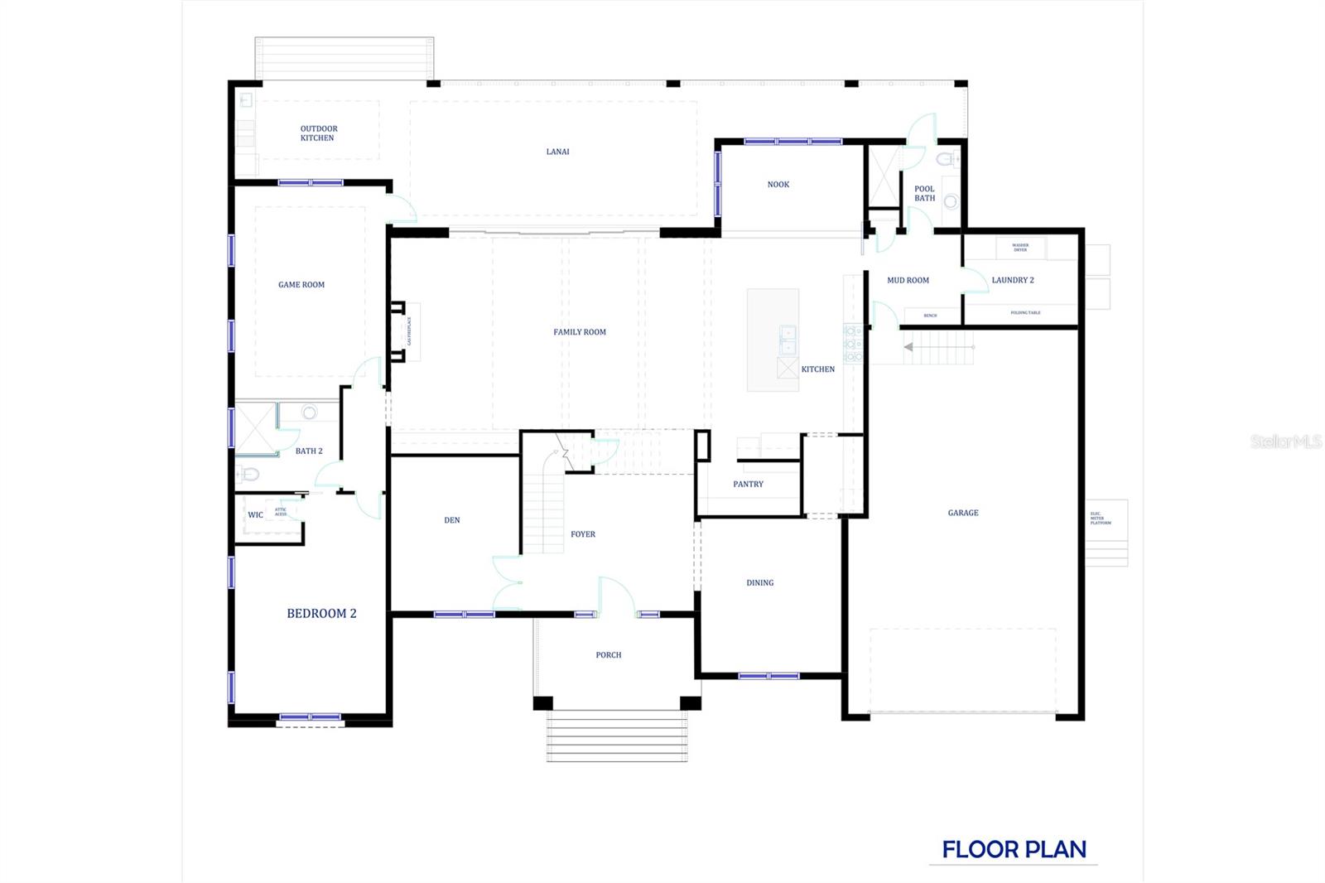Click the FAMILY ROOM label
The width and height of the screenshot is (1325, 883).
tap(580, 332)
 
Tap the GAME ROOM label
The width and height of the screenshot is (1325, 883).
tap(301, 285)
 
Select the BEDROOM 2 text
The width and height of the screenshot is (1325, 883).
tap(321, 614)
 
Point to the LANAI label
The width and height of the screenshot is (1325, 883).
tap(557, 152)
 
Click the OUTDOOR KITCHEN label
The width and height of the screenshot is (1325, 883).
tap(318, 133)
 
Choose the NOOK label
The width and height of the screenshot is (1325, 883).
tap(778, 185)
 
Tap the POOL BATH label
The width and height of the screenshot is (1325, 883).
tap(924, 194)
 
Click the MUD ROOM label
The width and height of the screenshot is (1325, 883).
tap(908, 281)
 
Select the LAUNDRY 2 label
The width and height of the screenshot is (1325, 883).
tap(1012, 280)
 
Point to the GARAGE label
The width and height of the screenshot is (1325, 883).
tap(963, 514)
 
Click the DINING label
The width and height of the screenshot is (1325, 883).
tap(759, 583)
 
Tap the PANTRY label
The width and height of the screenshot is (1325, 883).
tap(748, 485)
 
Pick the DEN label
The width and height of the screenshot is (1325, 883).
tap(451, 520)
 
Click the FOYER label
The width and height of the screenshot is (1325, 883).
tap(583, 534)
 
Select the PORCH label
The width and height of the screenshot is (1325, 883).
tap(608, 655)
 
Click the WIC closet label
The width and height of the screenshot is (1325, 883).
tap(255, 515)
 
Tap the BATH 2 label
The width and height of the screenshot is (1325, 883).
tap(309, 451)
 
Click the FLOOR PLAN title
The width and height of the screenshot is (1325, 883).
tap(1014, 850)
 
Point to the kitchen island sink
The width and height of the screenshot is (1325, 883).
tap(787, 340)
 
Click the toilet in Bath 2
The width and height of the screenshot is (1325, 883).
tap(248, 475)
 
